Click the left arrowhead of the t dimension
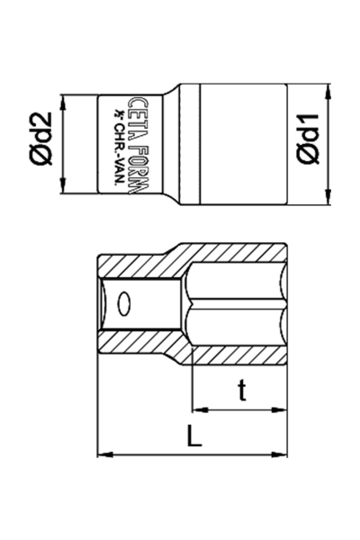coord(196,409)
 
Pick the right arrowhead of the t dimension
coord(288,409)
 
